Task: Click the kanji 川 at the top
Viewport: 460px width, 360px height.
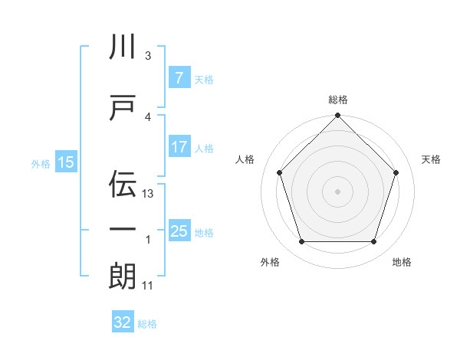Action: click(x=123, y=47)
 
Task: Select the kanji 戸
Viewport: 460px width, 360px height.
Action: click(x=123, y=107)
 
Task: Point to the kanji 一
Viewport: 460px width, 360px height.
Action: click(x=123, y=230)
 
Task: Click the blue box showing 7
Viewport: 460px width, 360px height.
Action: click(x=179, y=78)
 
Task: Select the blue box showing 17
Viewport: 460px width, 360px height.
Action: click(x=179, y=147)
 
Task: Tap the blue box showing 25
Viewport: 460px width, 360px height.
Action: click(x=179, y=231)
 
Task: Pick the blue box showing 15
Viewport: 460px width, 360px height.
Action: click(x=65, y=162)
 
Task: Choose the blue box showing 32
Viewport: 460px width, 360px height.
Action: click(x=123, y=322)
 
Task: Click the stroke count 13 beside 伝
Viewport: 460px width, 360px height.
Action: click(x=149, y=194)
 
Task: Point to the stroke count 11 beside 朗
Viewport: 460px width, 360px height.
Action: click(x=148, y=286)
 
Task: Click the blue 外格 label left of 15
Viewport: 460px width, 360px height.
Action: click(x=40, y=163)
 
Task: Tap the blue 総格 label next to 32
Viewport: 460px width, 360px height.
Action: click(x=147, y=323)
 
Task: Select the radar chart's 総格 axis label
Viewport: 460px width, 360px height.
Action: click(x=337, y=100)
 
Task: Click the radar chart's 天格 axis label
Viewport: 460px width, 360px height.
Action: click(x=431, y=159)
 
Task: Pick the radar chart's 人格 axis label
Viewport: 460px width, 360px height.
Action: click(x=245, y=159)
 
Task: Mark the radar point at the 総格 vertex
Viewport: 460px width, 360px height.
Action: click(x=337, y=116)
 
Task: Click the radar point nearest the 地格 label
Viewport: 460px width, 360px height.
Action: click(x=373, y=241)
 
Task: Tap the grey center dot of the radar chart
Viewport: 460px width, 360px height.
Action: click(x=337, y=191)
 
